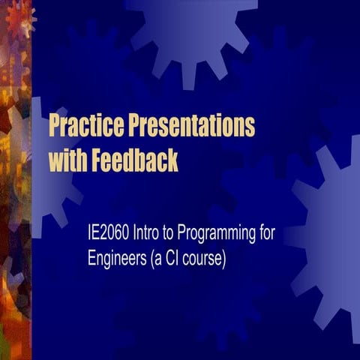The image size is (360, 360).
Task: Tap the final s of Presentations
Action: click(x=250, y=127)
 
